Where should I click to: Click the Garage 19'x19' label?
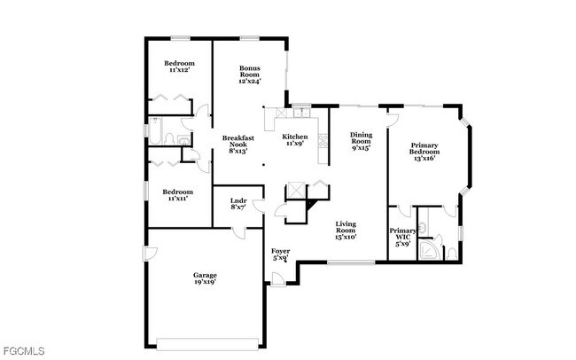click(x=206, y=279)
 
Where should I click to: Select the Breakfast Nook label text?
click(x=239, y=144)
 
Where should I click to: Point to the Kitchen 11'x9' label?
click(x=295, y=140)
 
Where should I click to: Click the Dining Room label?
click(x=360, y=140)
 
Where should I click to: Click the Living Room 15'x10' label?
click(x=346, y=230)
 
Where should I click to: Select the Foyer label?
click(x=280, y=254)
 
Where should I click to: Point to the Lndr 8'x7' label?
click(x=237, y=204)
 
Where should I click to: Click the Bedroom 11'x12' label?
click(x=180, y=67)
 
